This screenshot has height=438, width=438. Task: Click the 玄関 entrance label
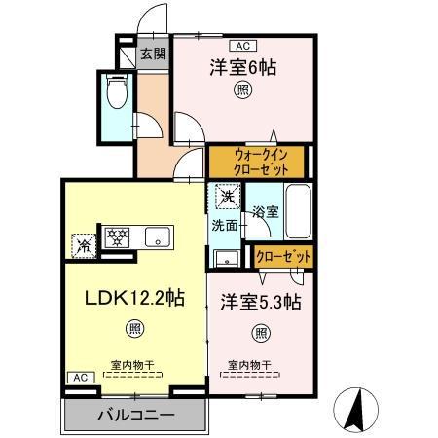tap(151, 55)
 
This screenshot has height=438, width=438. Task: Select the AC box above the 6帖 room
tap(241, 45)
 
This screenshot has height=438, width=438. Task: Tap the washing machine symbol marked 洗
tap(226, 195)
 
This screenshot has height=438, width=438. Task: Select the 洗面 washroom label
tap(225, 227)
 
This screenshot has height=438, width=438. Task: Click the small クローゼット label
tap(283, 256)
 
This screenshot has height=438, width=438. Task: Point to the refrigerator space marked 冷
tap(85, 245)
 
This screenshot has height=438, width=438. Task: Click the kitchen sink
tap(157, 237)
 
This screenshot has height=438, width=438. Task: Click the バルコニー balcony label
tap(135, 415)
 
